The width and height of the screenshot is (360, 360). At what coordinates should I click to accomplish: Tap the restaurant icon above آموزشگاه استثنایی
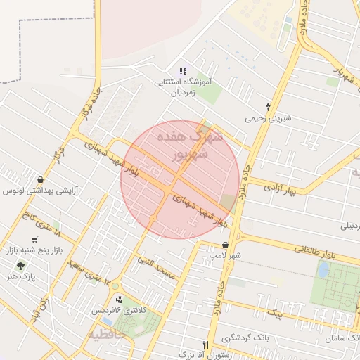(x=183, y=71)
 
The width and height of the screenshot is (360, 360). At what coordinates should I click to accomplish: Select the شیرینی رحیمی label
(x=266, y=119)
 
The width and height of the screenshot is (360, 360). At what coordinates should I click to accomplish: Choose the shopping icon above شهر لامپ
(x=224, y=245)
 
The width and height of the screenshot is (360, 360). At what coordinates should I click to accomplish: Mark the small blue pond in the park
(x=323, y=269)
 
